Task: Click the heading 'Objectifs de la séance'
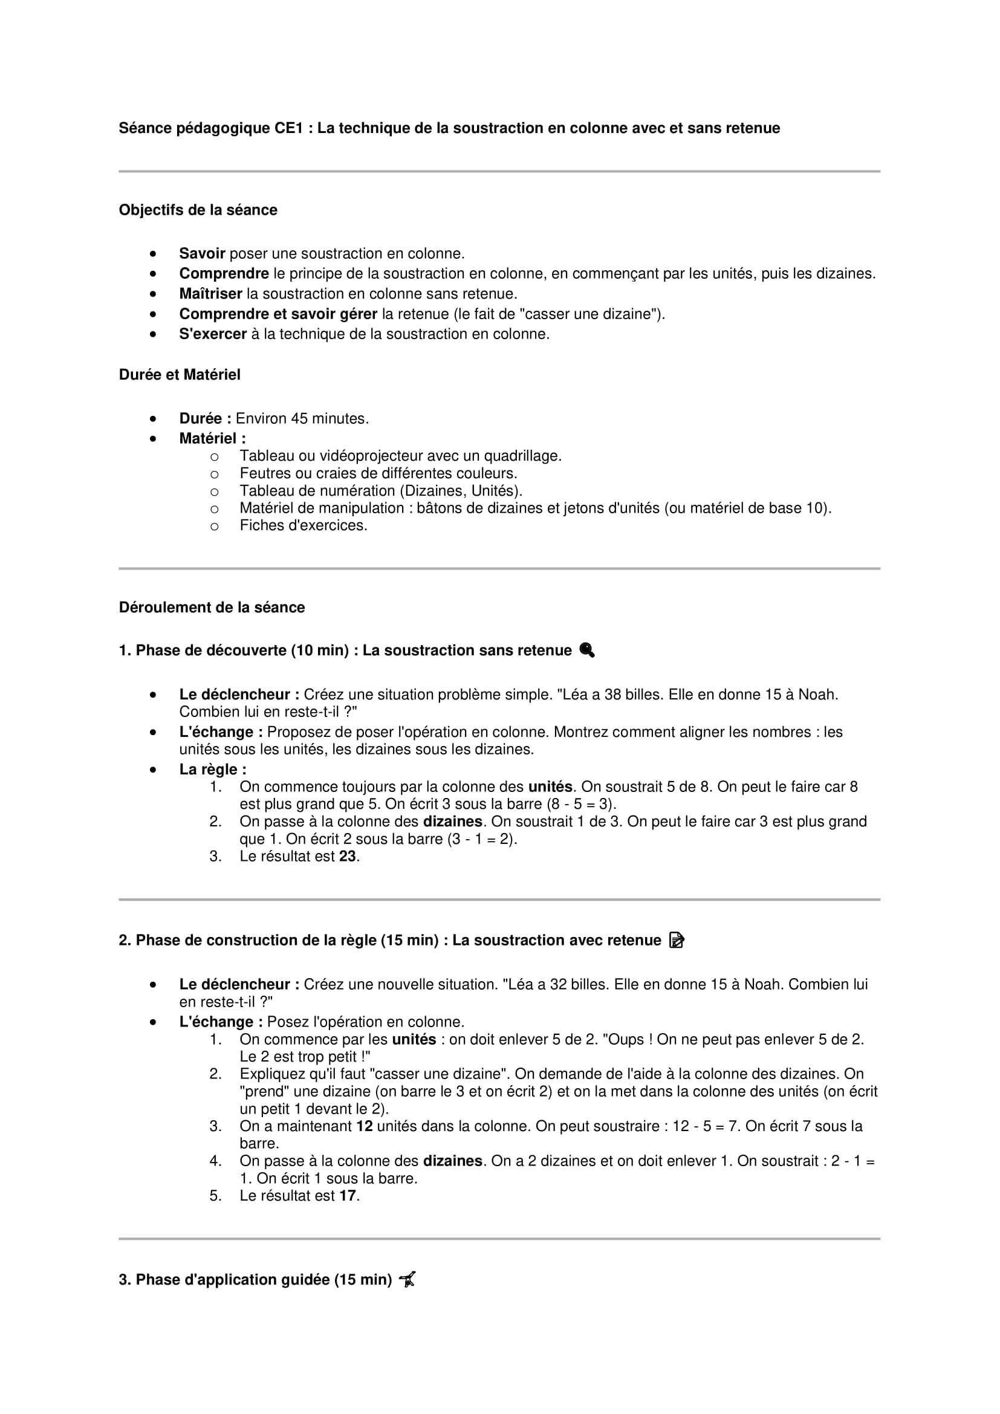(x=198, y=210)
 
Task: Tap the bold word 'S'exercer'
(x=212, y=334)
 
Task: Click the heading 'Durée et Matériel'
(x=179, y=374)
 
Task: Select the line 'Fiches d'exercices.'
(x=303, y=525)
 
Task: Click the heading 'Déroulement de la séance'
(x=212, y=607)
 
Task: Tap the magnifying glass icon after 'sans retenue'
(x=587, y=650)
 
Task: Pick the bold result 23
(x=347, y=856)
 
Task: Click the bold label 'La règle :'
(x=212, y=770)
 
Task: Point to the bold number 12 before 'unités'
(x=365, y=1126)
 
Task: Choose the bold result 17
(x=347, y=1196)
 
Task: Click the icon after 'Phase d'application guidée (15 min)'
(x=407, y=1280)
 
